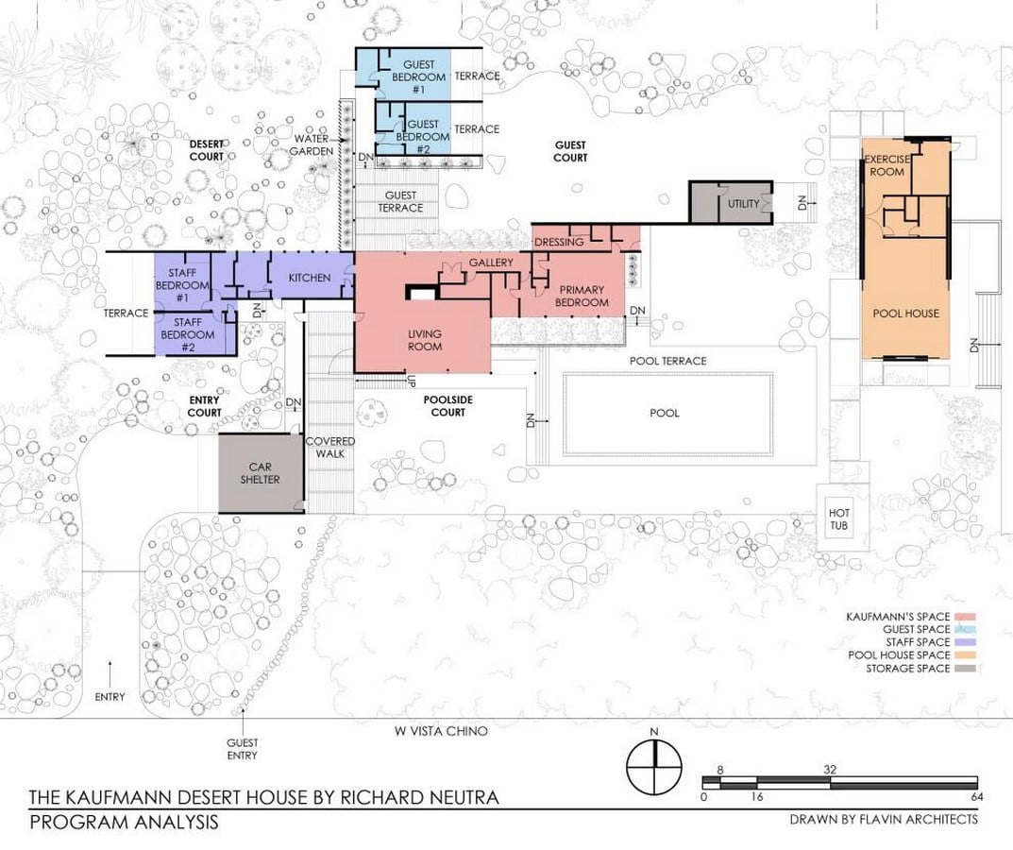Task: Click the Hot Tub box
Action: [838, 518]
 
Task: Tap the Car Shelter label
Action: [260, 473]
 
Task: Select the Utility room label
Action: [744, 204]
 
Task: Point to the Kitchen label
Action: [310, 278]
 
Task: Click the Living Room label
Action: [425, 340]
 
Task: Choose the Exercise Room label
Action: [886, 165]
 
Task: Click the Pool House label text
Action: [905, 313]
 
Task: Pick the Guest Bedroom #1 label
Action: [418, 76]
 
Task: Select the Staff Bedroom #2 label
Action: [187, 334]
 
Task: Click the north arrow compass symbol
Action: [654, 767]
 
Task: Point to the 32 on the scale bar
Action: [830, 769]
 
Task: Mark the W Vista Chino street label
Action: [441, 731]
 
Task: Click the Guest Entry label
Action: [243, 749]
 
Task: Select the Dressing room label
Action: [559, 242]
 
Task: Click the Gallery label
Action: [491, 263]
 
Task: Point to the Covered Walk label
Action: [330, 448]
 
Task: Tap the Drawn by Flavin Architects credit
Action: [884, 819]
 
